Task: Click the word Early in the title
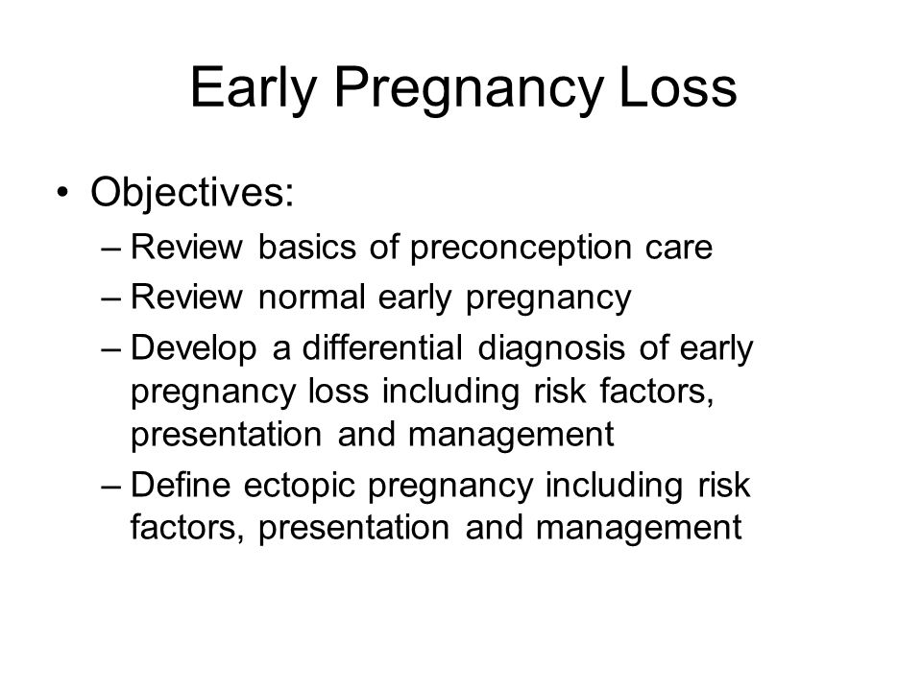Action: coord(254,89)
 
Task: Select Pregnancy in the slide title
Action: coord(469,89)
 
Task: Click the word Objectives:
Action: coord(192,193)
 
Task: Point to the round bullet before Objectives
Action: coord(63,192)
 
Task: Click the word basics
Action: coord(307,247)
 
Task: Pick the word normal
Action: coord(311,297)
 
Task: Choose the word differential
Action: coord(381,347)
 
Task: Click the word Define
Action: coord(180,485)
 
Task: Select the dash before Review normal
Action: coord(110,299)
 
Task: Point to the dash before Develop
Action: coord(110,349)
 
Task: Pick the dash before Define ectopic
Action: coord(110,488)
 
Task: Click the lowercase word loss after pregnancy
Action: coord(338,391)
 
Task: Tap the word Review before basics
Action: coord(186,247)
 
